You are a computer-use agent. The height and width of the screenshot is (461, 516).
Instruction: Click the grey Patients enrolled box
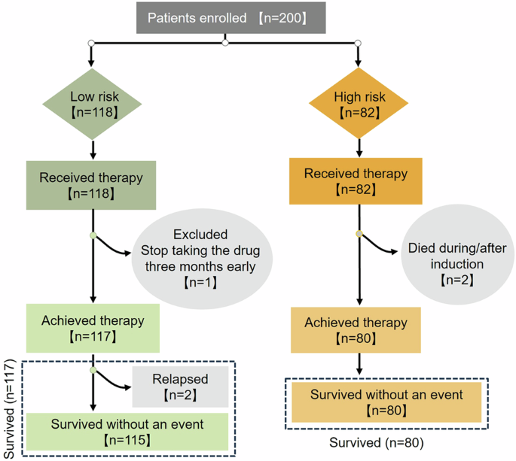point(224,18)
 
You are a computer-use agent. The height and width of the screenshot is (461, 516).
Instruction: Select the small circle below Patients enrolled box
point(224,43)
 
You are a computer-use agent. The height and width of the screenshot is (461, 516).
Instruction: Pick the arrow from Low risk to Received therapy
point(92,150)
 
